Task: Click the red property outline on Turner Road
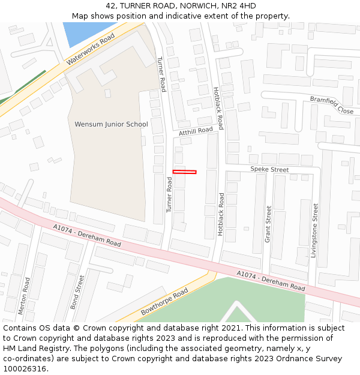click(185, 172)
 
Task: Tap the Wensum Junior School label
click(111, 124)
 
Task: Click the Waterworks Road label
click(91, 49)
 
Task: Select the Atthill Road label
click(196, 131)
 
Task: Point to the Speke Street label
click(269, 170)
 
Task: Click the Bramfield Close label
click(331, 104)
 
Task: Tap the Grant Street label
click(268, 224)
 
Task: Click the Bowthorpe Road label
click(164, 302)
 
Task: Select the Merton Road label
click(25, 296)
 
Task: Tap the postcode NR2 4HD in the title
click(239, 6)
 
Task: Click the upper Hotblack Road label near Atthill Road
click(218, 108)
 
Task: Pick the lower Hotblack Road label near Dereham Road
click(221, 214)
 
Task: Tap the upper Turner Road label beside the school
click(161, 74)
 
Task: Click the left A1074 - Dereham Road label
click(87, 236)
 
